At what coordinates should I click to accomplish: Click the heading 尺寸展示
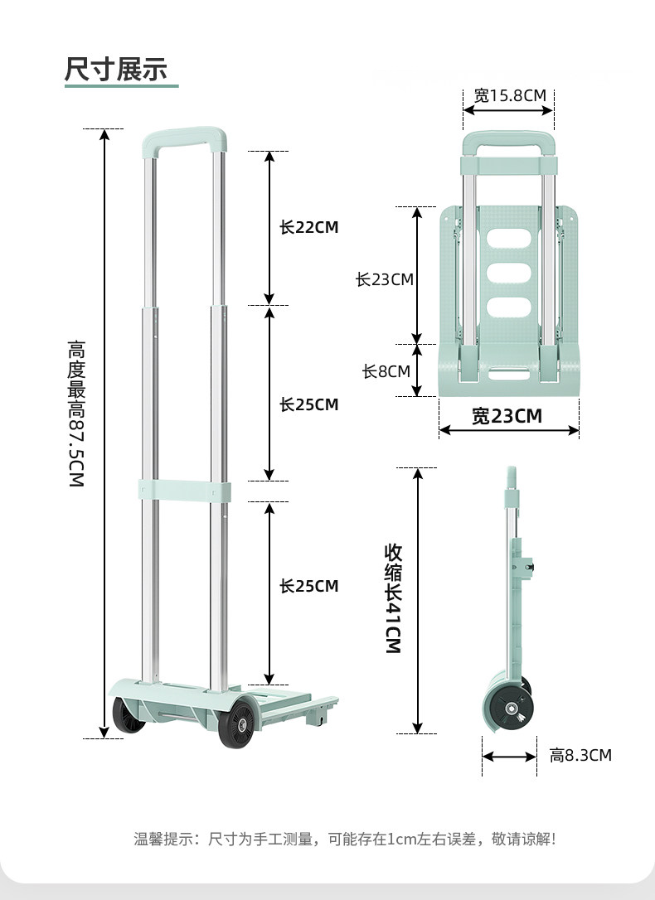[116, 69]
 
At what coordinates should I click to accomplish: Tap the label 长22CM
[308, 227]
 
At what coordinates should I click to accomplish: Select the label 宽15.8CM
[510, 95]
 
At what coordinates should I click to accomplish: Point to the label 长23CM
[384, 279]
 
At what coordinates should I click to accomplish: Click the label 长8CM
[386, 371]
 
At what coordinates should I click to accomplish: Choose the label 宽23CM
[507, 415]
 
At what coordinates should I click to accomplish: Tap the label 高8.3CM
[580, 755]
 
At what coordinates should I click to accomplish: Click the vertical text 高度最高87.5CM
[76, 414]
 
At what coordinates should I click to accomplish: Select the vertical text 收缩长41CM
[393, 598]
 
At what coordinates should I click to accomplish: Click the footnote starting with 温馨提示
[344, 839]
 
